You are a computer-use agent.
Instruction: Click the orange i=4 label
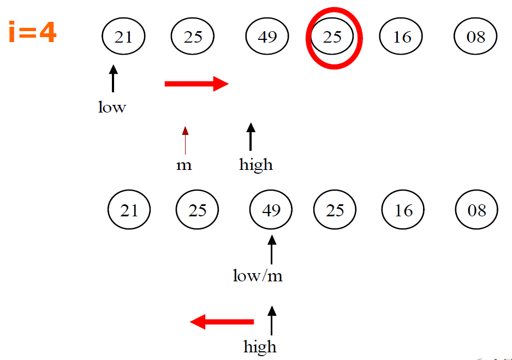click(x=33, y=33)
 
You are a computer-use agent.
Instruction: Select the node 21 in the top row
click(x=123, y=37)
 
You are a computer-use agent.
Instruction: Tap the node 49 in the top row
click(x=267, y=37)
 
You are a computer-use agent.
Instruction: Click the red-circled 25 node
click(x=332, y=37)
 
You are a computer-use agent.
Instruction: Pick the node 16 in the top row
click(x=402, y=37)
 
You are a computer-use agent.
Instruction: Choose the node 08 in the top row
click(x=476, y=37)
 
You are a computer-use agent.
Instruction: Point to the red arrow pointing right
click(x=197, y=84)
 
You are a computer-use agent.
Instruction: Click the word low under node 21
click(x=112, y=107)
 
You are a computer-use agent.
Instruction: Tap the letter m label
click(x=184, y=165)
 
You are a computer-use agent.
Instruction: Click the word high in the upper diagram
click(x=255, y=164)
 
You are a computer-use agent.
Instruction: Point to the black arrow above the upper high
click(x=251, y=137)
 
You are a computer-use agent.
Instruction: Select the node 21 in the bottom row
click(x=129, y=210)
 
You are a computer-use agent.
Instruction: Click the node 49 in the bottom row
click(x=271, y=210)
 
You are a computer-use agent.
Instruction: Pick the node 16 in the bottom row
click(x=403, y=210)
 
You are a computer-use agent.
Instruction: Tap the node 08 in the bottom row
click(x=477, y=210)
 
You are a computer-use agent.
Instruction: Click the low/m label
click(x=258, y=276)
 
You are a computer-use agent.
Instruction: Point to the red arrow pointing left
click(x=222, y=322)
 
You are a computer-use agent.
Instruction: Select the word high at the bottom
click(x=260, y=347)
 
